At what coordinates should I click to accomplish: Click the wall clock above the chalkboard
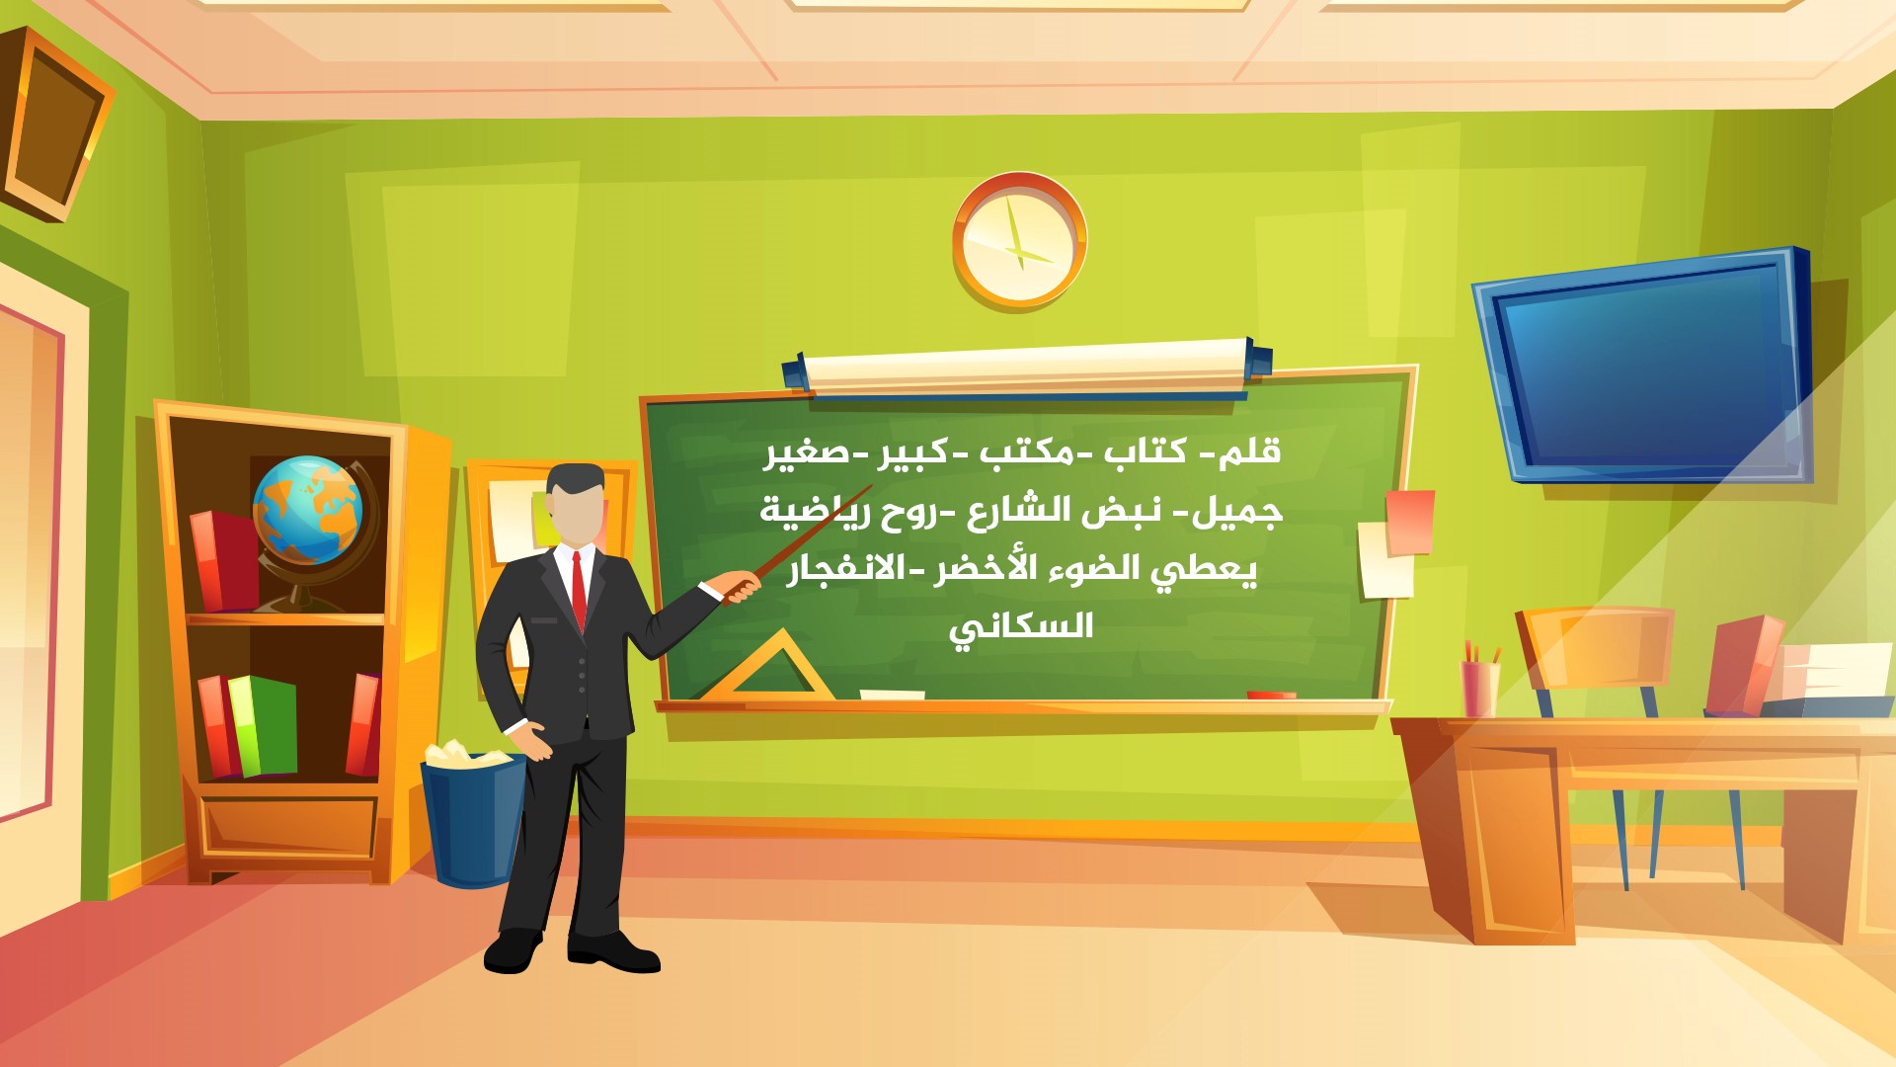(1019, 240)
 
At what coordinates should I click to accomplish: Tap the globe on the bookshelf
(308, 512)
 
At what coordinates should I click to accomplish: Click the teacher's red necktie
(579, 590)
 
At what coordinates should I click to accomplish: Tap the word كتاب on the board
(1145, 451)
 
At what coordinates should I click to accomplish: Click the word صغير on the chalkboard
(806, 452)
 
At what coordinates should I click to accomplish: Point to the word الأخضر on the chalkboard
(973, 568)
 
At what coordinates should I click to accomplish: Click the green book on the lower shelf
(264, 725)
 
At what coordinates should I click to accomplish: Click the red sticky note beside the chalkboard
(1410, 521)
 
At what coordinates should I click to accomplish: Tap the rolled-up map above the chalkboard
(1027, 368)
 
